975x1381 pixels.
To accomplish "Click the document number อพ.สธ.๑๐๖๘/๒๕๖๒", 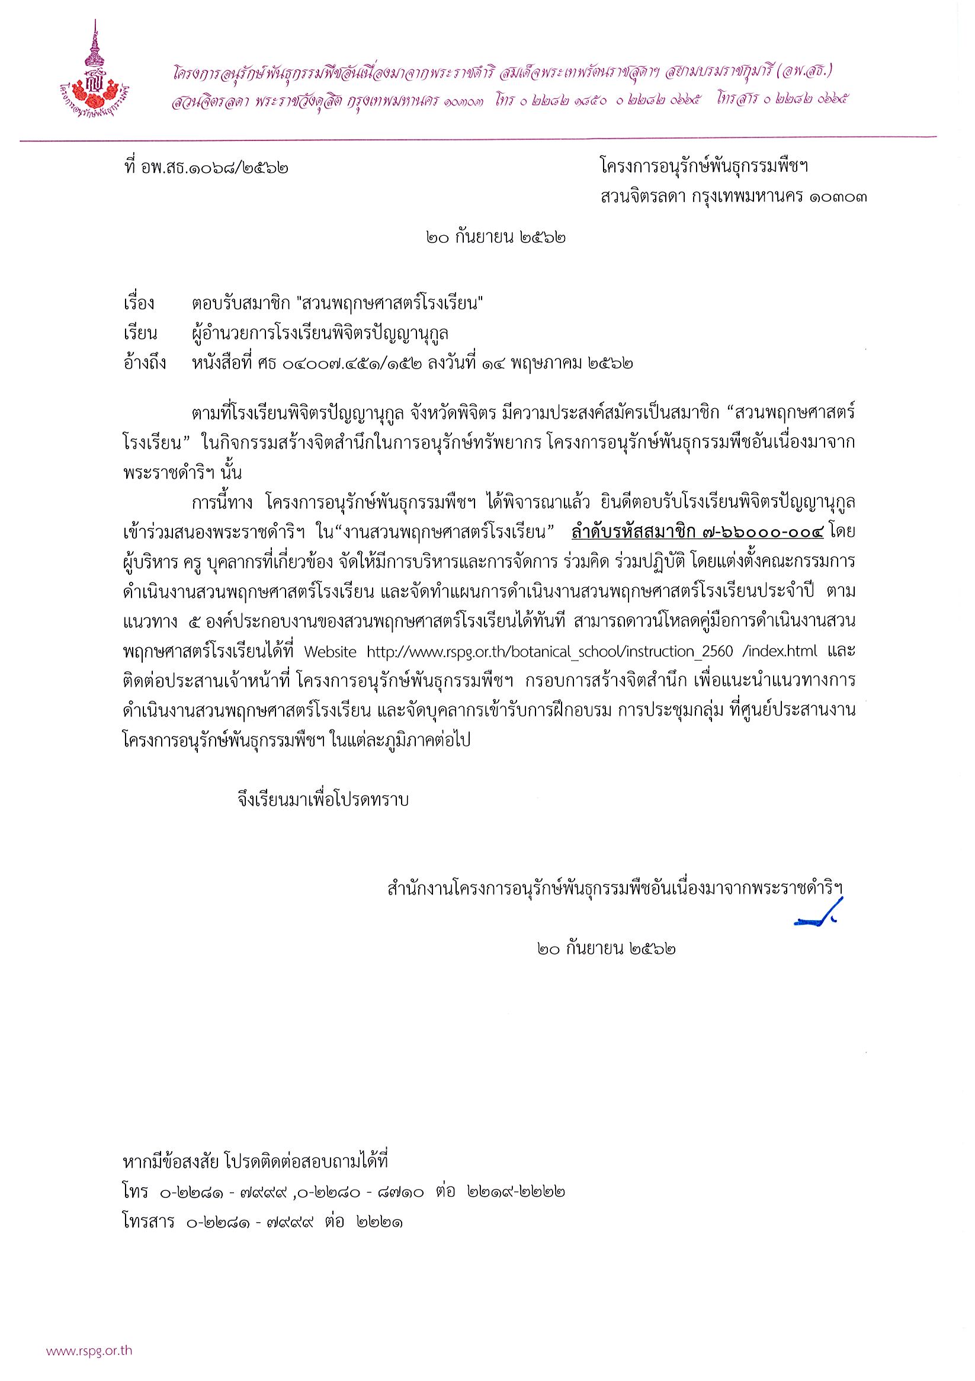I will (217, 166).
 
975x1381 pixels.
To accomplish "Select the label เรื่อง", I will (139, 304).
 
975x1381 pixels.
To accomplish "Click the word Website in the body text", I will (331, 652).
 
